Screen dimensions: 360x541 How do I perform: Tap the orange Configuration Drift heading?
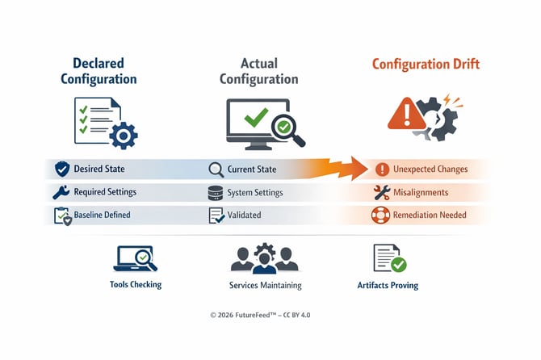pos(426,64)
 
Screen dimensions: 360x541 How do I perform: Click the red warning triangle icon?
pos(403,114)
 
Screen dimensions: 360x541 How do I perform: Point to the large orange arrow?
pos(332,169)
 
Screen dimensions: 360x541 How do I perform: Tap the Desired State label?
pos(99,170)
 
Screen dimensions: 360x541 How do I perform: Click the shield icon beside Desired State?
pos(62,170)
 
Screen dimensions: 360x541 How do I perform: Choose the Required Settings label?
pos(105,193)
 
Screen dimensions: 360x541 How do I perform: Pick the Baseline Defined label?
pos(102,216)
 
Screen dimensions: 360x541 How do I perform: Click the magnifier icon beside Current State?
pos(216,170)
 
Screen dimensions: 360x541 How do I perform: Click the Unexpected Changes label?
pos(430,170)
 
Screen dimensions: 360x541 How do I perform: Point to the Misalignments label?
pos(421,193)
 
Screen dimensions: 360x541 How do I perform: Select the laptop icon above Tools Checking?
pos(135,258)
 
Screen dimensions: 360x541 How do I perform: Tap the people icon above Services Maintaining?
pos(265,258)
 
